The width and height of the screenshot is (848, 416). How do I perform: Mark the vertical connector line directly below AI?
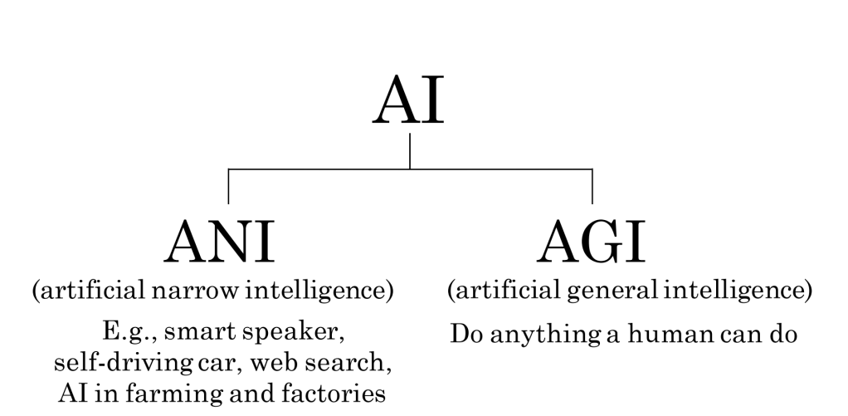click(410, 151)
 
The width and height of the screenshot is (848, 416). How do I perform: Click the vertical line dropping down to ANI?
click(228, 186)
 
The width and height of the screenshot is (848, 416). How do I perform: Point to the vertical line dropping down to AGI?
click(592, 186)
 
